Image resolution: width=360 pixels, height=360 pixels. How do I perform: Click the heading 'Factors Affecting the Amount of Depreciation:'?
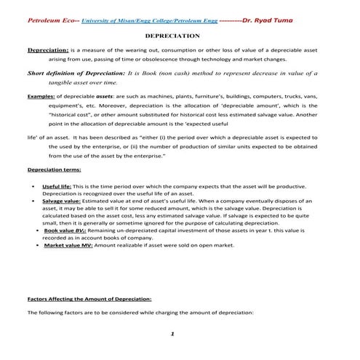88,299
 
